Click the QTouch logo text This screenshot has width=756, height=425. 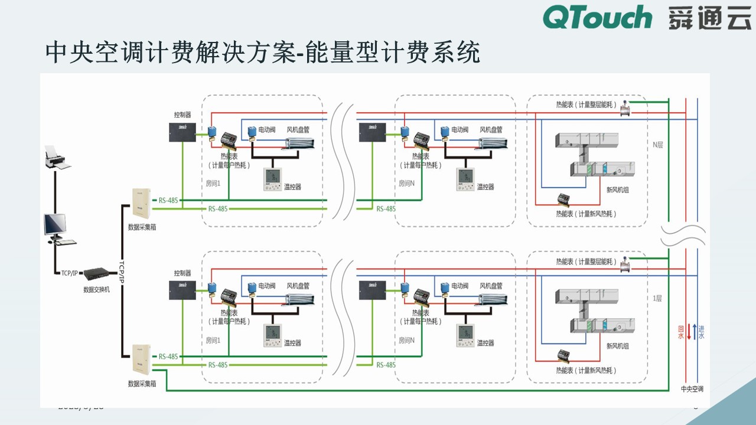[x=597, y=18]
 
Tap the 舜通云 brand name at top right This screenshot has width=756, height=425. [x=709, y=18]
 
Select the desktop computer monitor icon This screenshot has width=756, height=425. [x=55, y=225]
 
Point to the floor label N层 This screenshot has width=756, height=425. [x=657, y=144]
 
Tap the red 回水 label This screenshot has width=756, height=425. [x=680, y=332]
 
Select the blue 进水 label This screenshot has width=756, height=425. [x=701, y=332]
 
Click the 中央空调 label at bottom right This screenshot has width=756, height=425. [x=692, y=389]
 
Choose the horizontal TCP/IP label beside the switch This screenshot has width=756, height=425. [x=69, y=273]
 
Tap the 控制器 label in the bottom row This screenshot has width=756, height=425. [x=183, y=273]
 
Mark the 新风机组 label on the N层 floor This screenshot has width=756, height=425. [x=617, y=190]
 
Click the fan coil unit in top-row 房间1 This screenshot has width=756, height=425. [x=301, y=143]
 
